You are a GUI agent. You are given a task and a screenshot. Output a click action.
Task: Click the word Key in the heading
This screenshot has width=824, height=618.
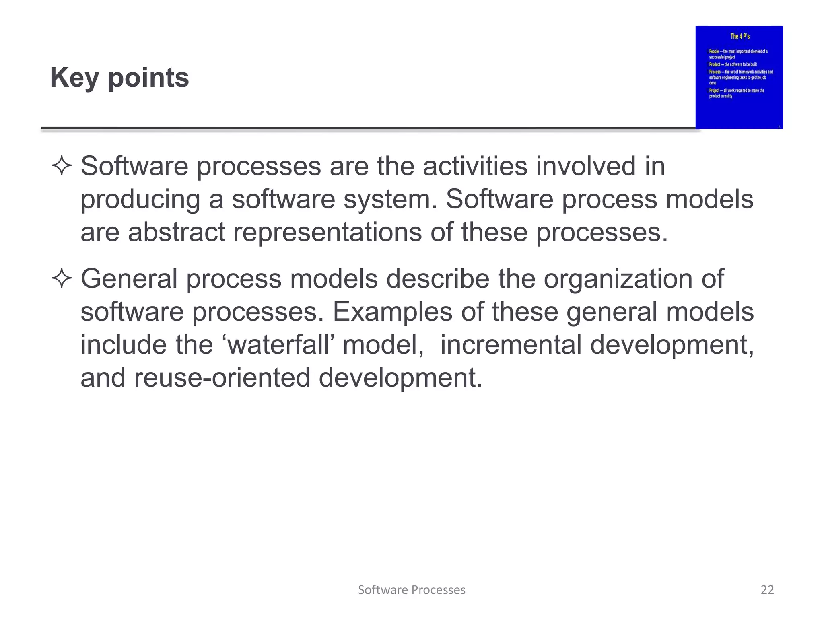pos(74,77)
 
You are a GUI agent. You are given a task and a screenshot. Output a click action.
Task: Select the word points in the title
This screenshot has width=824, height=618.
pos(148,77)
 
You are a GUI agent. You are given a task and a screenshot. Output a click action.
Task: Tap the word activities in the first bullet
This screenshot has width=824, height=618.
pos(475,166)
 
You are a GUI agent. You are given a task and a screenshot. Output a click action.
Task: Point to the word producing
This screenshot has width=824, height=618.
pos(140,200)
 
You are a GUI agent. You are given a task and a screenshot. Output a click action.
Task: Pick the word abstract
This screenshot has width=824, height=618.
pos(176,233)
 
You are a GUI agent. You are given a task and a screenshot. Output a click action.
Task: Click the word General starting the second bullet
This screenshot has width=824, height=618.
pos(129,278)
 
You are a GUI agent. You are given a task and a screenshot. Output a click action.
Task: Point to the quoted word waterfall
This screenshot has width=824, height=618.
pos(279,345)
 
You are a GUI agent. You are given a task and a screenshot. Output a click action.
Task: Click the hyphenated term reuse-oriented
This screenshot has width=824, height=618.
pos(222,378)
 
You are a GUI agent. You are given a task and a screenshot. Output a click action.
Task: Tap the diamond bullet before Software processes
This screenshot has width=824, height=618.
pos(62,166)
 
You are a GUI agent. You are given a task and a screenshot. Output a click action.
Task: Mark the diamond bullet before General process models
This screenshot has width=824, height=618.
pos(62,278)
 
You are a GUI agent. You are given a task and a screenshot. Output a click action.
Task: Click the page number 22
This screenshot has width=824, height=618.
pos(767,590)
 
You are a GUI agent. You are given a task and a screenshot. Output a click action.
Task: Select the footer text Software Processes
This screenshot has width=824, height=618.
pos(412,590)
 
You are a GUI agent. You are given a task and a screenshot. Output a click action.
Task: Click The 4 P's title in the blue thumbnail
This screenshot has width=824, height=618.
pos(740,36)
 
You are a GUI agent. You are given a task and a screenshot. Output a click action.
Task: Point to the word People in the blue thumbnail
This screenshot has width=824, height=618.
pos(714,51)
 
